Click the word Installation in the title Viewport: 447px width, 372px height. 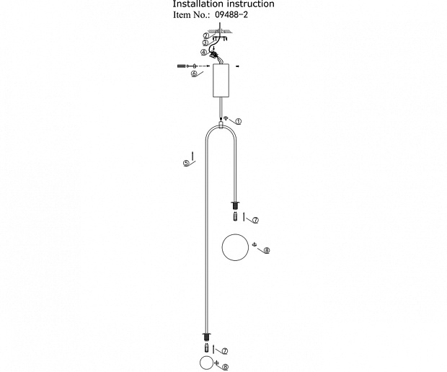point(194,4)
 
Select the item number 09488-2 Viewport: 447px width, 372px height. point(231,15)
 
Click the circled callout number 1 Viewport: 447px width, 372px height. point(239,121)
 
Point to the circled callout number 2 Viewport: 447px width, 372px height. point(206,36)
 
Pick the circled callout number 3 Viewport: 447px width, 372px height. point(205,43)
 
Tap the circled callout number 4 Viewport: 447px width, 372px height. point(203,53)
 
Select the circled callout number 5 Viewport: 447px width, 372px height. point(186,164)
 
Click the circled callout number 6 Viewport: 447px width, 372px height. point(194,74)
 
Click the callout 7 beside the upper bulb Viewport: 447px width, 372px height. point(255,220)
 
